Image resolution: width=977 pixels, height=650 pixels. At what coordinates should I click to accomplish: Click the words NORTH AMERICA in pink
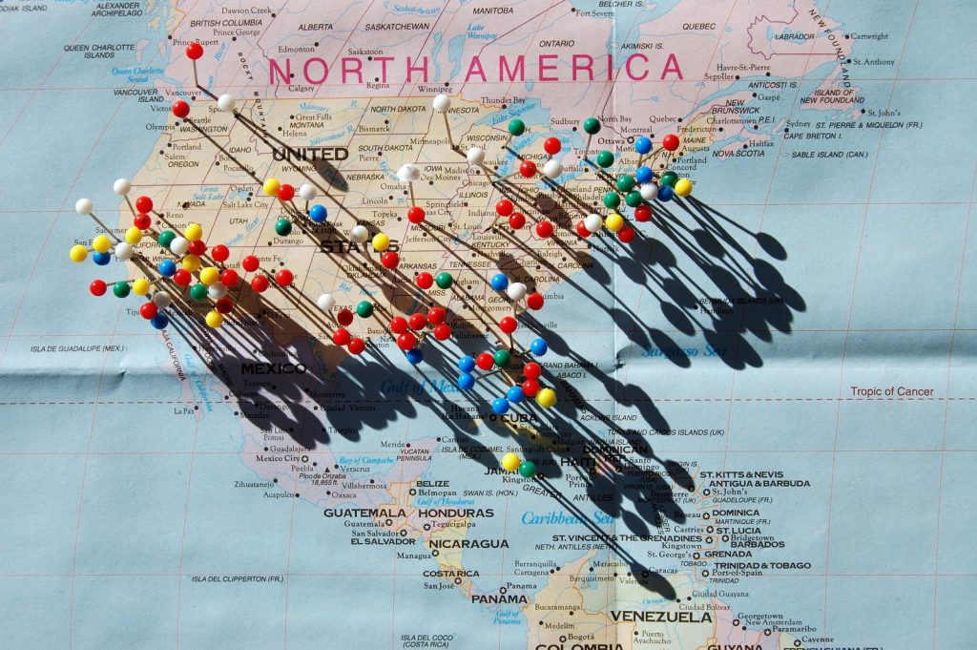pos(475,68)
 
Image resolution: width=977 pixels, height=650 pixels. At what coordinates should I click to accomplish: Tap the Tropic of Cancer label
pos(893,391)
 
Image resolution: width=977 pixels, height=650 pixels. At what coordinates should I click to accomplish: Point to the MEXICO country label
pos(273,368)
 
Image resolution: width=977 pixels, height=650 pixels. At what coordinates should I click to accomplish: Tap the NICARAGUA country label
pos(468,544)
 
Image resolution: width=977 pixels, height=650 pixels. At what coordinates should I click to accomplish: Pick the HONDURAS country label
pos(456,513)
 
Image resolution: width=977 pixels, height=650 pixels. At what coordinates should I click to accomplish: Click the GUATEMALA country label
pos(364,513)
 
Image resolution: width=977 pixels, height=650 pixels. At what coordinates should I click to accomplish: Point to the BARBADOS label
pos(757,544)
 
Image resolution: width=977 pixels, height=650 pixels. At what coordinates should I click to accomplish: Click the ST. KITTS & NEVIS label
pos(741,474)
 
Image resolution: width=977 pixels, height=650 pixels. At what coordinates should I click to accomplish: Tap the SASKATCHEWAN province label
pos(397,27)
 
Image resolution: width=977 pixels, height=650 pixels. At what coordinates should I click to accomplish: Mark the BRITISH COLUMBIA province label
pos(226,23)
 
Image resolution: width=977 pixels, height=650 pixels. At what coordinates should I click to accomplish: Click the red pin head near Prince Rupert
pos(195,52)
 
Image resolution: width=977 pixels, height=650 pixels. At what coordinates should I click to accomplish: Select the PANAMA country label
pos(499,599)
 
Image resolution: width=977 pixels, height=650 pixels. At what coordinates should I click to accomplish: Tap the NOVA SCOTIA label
pos(738,153)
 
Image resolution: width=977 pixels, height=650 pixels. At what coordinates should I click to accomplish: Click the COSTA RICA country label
pos(451,574)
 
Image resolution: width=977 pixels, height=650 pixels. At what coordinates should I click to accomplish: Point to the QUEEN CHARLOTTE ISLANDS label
pos(99,51)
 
